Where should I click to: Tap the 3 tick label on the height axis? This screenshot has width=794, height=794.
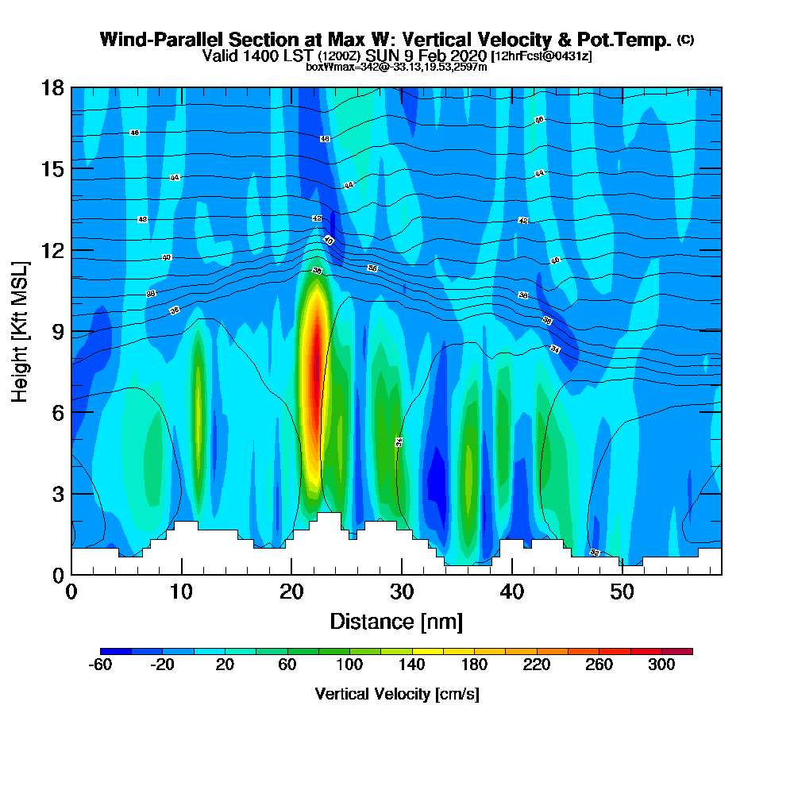[58, 494]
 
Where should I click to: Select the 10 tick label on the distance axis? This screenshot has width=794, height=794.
[181, 592]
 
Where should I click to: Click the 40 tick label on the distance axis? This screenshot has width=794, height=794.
[512, 592]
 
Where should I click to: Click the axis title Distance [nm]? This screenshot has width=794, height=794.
[396, 621]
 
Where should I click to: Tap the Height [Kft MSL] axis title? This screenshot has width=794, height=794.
[21, 331]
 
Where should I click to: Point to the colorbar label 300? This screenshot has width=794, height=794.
[661, 665]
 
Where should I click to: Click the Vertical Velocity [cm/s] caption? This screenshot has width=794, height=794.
[396, 694]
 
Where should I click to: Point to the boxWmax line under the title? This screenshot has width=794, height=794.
[396, 67]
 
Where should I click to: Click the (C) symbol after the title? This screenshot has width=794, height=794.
[685, 39]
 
